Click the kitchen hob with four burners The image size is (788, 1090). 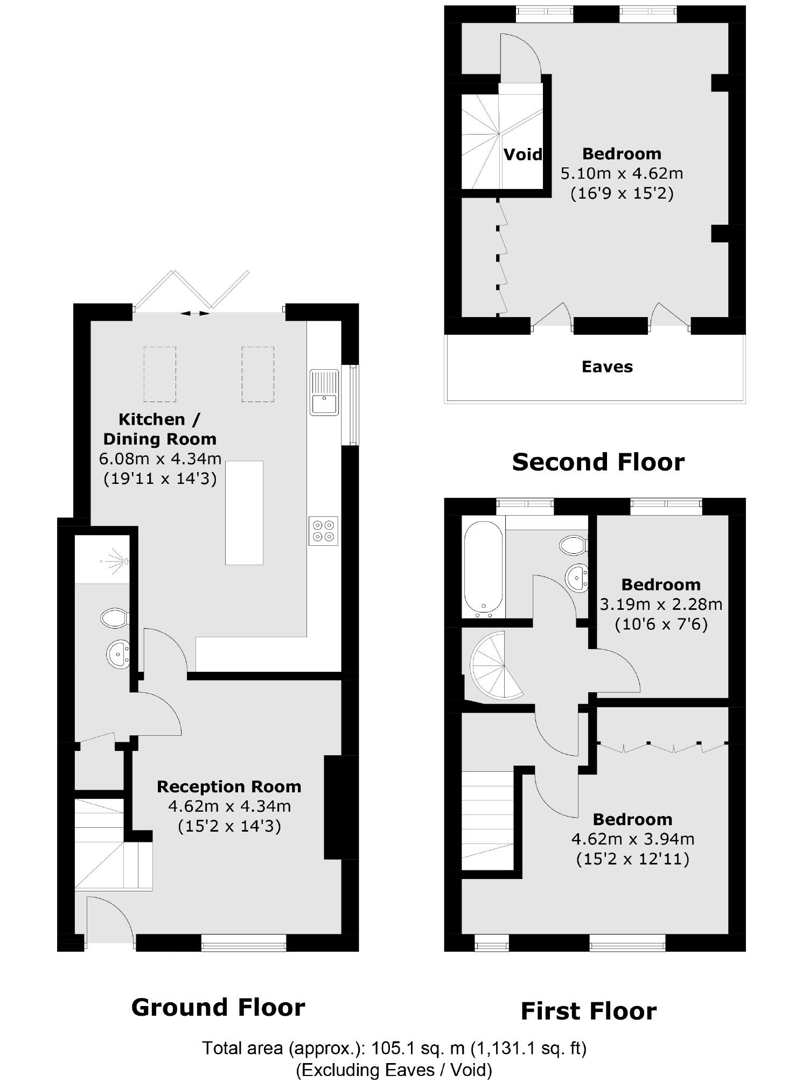point(323,531)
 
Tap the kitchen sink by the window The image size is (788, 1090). point(324,392)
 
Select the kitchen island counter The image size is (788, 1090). point(244,512)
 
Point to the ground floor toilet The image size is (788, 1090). point(114,617)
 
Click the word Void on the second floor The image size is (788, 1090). point(522,155)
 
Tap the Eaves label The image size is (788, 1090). point(607,367)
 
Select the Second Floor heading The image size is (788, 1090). point(598,462)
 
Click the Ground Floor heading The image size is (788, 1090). point(218,1007)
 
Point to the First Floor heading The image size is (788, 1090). point(588,1011)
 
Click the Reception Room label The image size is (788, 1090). point(229,787)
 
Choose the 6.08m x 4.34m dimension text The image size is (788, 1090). point(160,459)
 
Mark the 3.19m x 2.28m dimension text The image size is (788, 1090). point(661,604)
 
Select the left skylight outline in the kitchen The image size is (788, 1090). point(159,374)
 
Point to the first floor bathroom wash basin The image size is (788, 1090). point(577,578)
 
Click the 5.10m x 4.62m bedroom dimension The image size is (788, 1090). point(622,174)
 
